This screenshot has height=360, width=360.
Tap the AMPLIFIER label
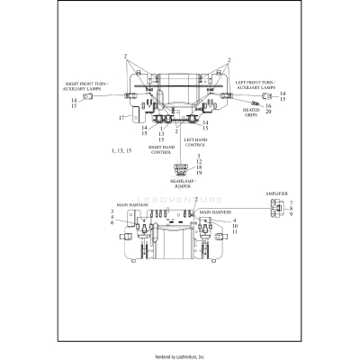point(277,193)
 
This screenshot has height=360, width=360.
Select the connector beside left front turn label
point(266,95)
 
